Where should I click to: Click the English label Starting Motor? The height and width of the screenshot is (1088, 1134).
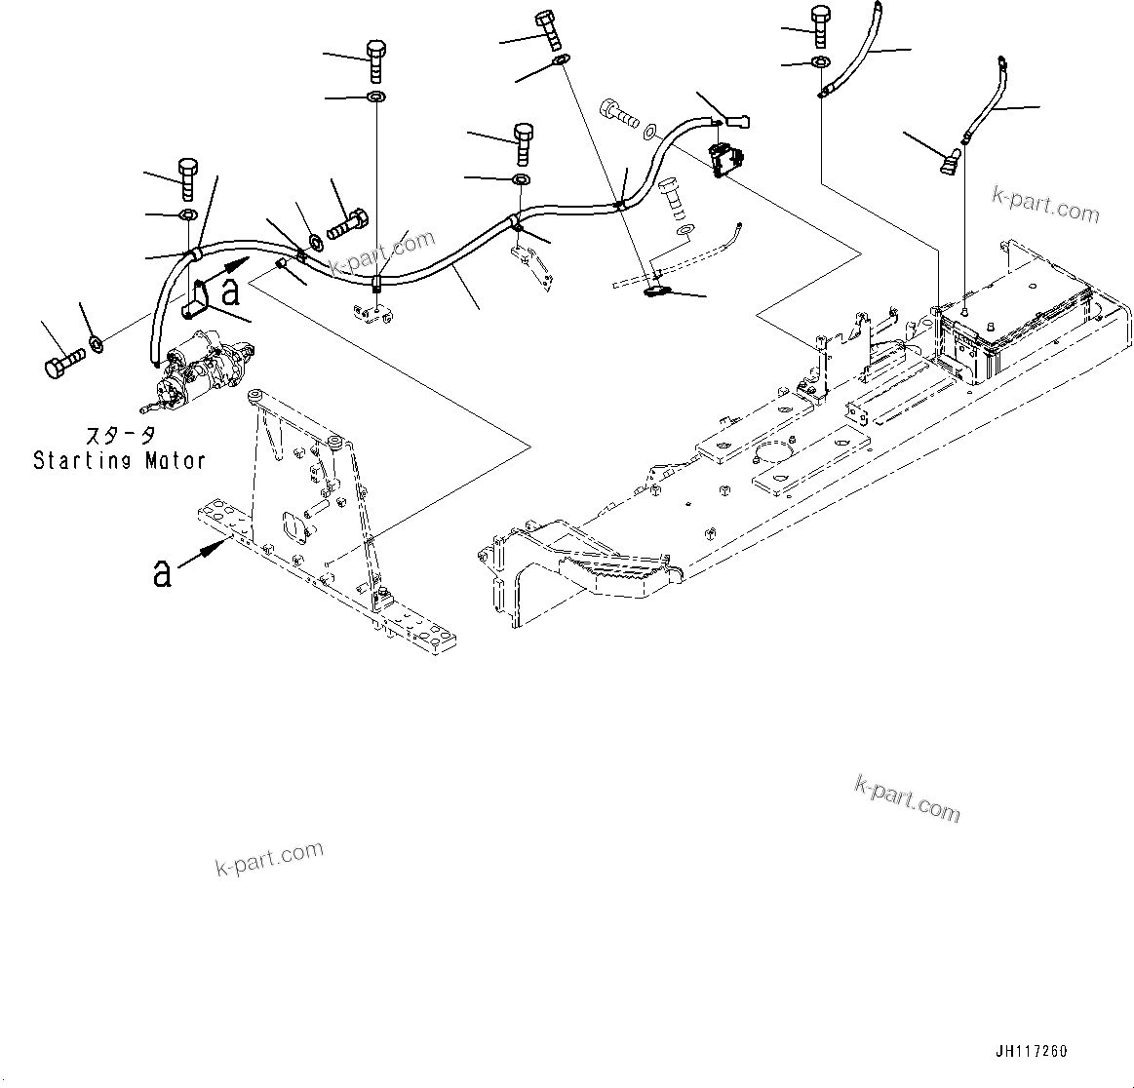tap(119, 460)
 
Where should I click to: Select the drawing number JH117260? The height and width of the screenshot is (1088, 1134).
tap(1032, 1051)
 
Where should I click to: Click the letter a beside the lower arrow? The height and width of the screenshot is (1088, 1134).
tap(162, 572)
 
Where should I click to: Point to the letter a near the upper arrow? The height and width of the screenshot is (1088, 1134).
tap(230, 290)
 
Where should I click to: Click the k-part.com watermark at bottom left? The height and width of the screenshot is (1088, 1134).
tap(268, 858)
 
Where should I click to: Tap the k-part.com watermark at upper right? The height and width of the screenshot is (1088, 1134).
tap(1045, 204)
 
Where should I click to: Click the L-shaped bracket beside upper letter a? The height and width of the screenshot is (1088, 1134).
tap(195, 299)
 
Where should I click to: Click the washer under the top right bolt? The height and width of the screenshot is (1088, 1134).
tap(820, 63)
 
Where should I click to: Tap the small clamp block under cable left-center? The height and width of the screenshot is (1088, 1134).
tap(373, 315)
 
